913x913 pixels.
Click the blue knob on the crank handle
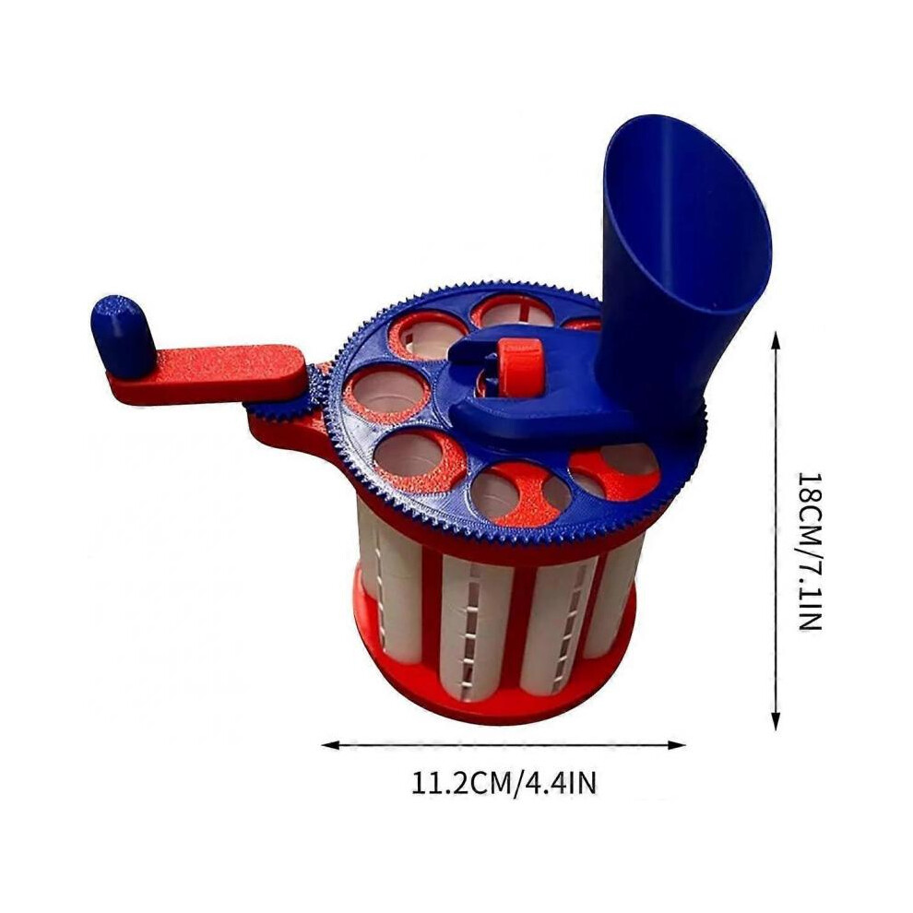click(121, 333)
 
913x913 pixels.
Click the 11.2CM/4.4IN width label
click(504, 783)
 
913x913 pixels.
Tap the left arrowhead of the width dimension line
click(329, 744)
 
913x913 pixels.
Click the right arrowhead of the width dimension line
click(677, 744)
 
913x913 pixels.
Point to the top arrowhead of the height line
click(775, 340)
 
